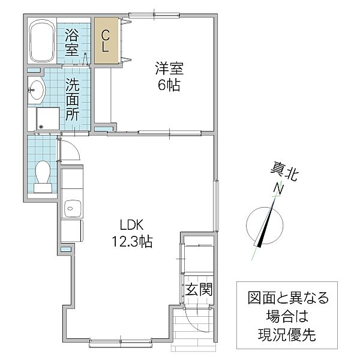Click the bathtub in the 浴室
click(42, 41)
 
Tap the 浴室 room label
click(72, 43)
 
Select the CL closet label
click(106, 41)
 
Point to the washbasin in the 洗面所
click(35, 89)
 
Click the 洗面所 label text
click(73, 100)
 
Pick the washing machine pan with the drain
click(48, 118)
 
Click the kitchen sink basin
click(73, 209)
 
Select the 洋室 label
click(169, 68)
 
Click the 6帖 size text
click(169, 85)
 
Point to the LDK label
click(132, 225)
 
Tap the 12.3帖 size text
click(132, 241)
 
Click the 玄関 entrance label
click(199, 289)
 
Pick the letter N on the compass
click(278, 188)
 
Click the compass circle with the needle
click(265, 226)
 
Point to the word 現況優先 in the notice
click(287, 335)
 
